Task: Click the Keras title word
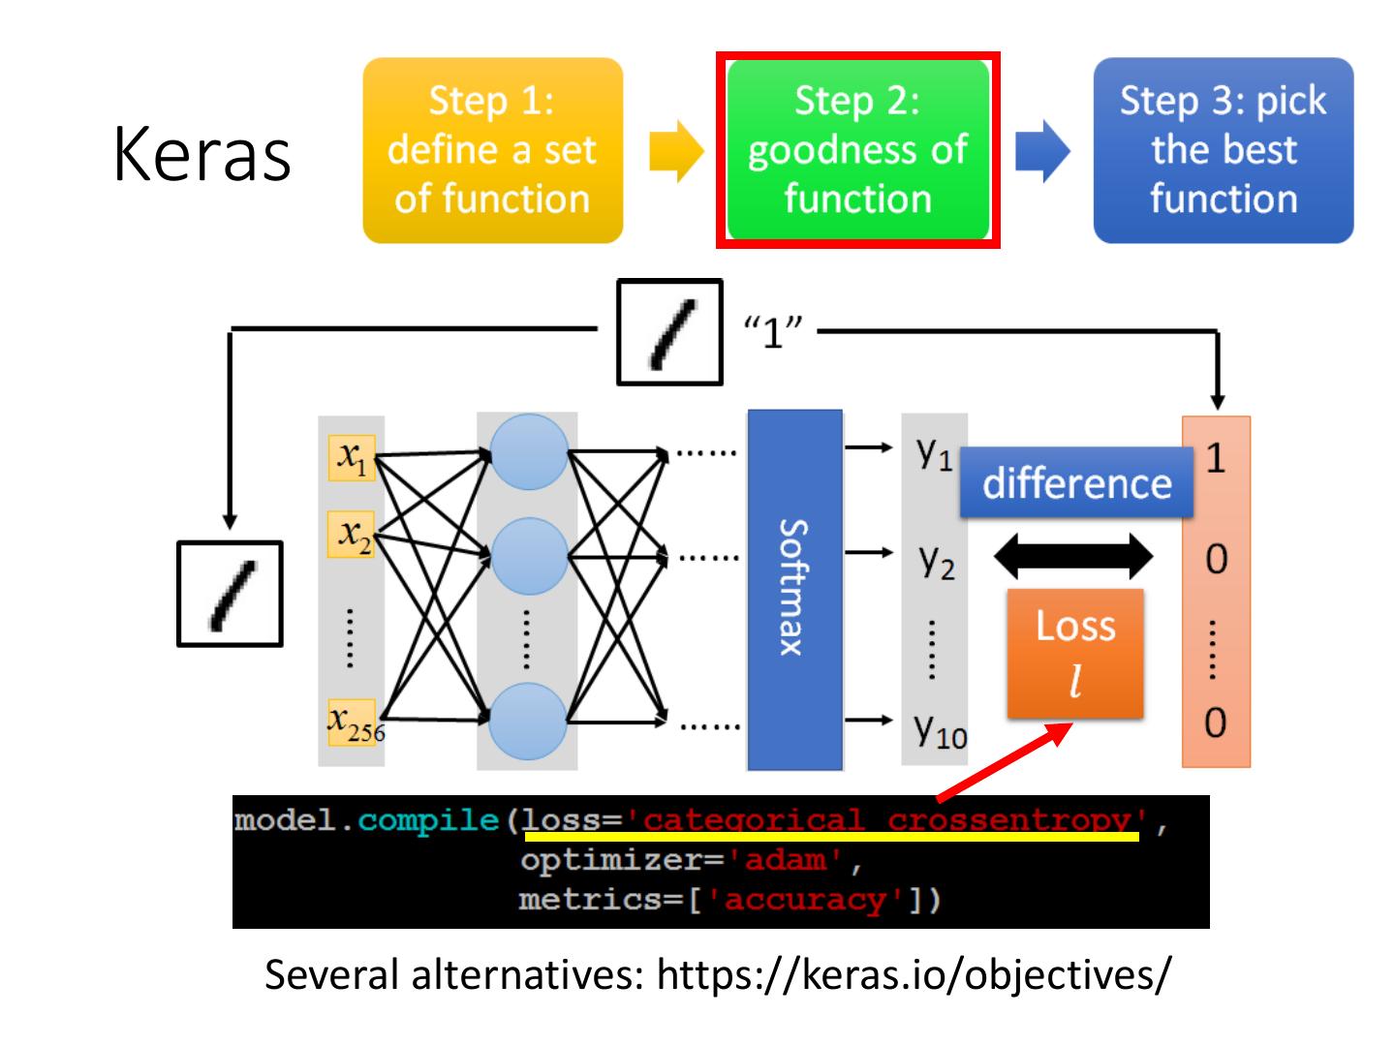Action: coord(201,154)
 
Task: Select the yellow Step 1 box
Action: coord(492,150)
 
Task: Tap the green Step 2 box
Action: coord(857,150)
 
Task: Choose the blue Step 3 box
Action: coord(1223,150)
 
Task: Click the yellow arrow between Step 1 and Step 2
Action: coord(676,151)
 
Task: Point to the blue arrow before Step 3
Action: coord(1042,151)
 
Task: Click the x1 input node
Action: coord(352,457)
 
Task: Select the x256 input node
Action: coord(355,723)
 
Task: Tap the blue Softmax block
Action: coord(794,590)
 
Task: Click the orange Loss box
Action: coord(1075,654)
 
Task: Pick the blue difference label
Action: coord(1076,482)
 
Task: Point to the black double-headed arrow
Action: coord(1072,556)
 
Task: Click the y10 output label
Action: coord(941,731)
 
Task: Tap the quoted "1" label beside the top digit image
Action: coord(773,331)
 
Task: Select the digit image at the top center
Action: coord(669,332)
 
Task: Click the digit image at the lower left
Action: coord(230,594)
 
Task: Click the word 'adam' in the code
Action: coord(786,861)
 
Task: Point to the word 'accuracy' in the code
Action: coord(806,901)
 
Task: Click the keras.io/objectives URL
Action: coord(914,974)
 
